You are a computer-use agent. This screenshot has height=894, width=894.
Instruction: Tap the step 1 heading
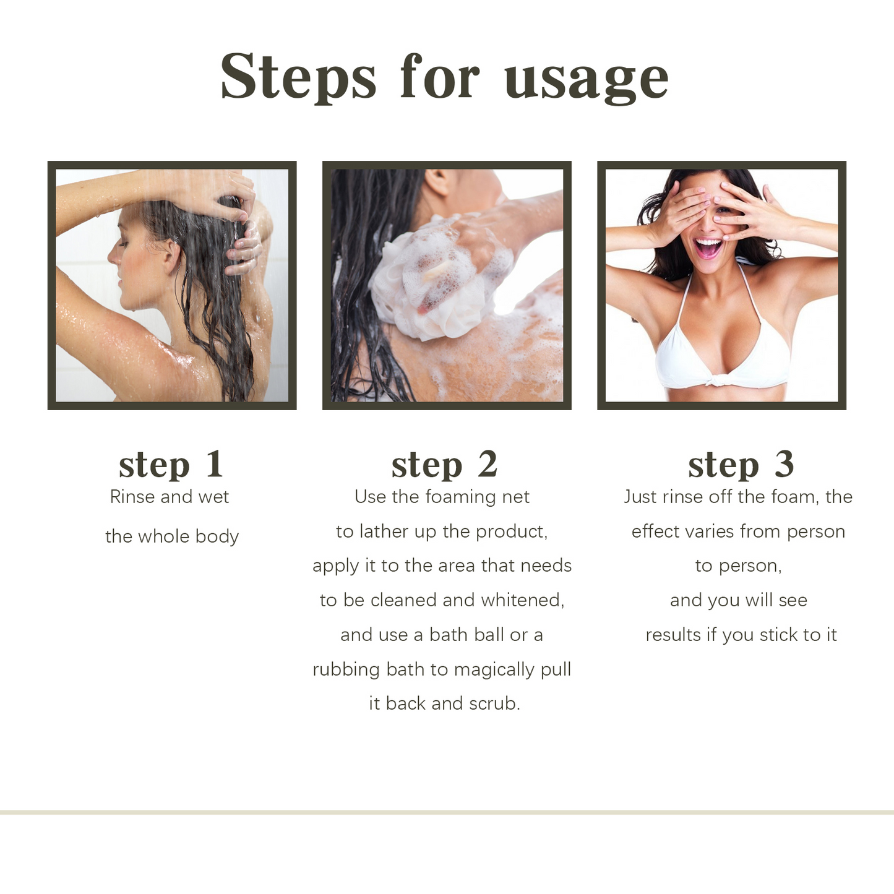pyautogui.click(x=171, y=464)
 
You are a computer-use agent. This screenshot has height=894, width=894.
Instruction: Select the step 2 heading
pyautogui.click(x=444, y=464)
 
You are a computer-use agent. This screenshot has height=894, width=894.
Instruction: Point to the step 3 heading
pyautogui.click(x=741, y=464)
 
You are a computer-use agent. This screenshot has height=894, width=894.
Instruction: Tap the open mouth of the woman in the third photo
pyautogui.click(x=708, y=247)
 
